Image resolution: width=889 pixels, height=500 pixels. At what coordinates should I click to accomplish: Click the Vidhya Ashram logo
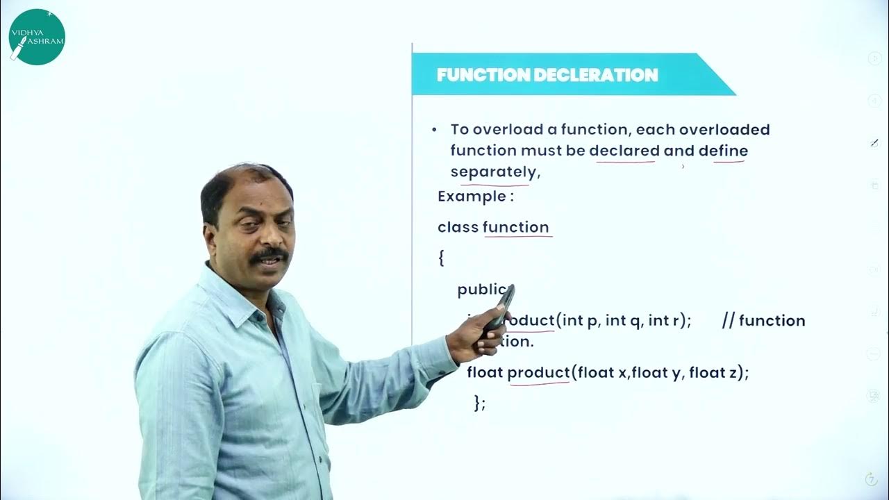tap(37, 36)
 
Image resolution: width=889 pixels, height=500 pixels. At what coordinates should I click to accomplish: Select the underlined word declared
tap(624, 151)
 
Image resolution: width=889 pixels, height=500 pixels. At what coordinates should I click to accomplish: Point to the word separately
tap(493, 172)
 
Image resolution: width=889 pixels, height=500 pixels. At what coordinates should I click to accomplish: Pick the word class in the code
tap(458, 227)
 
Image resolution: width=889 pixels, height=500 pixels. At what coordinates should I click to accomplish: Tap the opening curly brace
tap(441, 258)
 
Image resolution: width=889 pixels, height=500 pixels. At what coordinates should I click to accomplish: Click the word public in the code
tap(483, 290)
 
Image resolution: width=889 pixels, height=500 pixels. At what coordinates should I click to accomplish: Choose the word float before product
tap(485, 372)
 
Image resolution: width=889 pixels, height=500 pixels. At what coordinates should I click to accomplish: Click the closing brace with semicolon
tap(479, 403)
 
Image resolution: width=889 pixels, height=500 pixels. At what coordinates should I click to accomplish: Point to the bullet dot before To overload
tap(435, 130)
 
